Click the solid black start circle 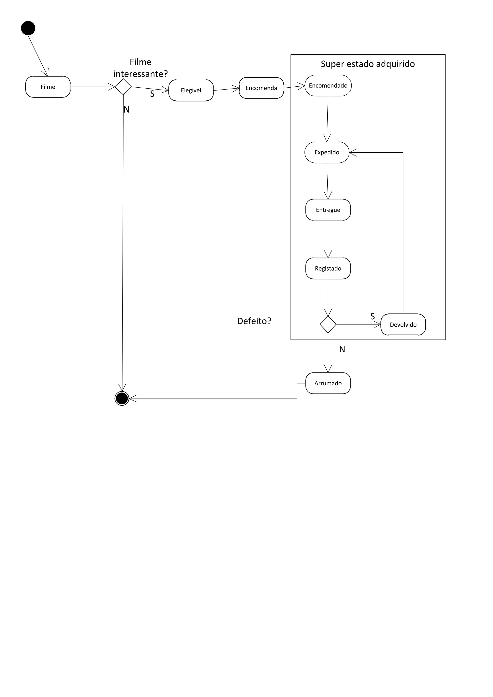tap(28, 28)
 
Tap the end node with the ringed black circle tap(122, 398)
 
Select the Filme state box tap(48, 87)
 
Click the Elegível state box tap(191, 90)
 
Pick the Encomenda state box tap(261, 88)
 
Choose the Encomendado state tap(328, 86)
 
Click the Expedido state tap(327, 152)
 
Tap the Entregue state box tap(328, 210)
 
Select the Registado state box tap(328, 268)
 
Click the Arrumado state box tap(328, 383)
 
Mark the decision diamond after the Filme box tap(123, 87)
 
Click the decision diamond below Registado tap(328, 324)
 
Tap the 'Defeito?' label tap(254, 321)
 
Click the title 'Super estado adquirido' tap(368, 64)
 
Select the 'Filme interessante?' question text tap(140, 68)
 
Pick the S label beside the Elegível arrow tap(152, 94)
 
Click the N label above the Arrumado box tap(342, 349)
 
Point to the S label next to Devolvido tap(372, 316)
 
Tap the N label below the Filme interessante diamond tap(127, 110)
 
